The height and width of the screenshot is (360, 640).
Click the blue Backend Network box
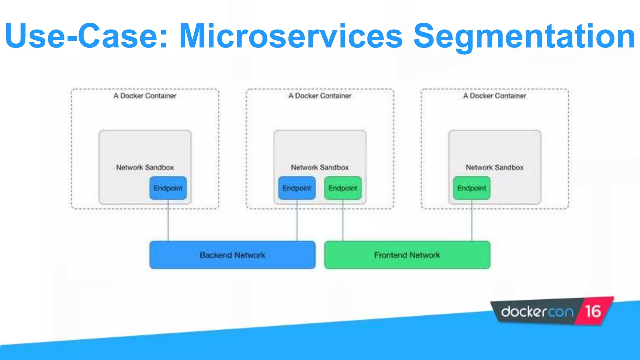tap(232, 255)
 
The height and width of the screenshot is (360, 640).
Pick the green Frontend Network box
tap(407, 255)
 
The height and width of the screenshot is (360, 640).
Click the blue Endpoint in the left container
tap(168, 188)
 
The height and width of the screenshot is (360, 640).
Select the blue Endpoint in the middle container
tap(297, 188)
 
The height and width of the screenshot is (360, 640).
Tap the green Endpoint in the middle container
tap(343, 188)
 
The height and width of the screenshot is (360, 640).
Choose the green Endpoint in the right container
tap(472, 188)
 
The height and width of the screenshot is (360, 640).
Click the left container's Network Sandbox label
tap(145, 167)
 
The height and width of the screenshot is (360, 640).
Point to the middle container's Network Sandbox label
tap(320, 167)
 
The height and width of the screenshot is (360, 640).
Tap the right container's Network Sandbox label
tap(494, 167)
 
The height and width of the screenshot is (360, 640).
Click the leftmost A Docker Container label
tap(145, 96)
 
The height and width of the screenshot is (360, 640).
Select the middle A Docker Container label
tap(320, 96)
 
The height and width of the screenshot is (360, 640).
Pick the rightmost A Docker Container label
tap(494, 96)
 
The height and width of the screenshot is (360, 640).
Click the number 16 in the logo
tap(593, 312)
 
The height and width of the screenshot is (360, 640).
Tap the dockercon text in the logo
tap(537, 312)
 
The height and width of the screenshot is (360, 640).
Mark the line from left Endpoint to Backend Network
tap(168, 220)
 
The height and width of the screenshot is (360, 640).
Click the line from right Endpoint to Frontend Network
tap(472, 220)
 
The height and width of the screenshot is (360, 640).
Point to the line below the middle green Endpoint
tap(343, 220)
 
